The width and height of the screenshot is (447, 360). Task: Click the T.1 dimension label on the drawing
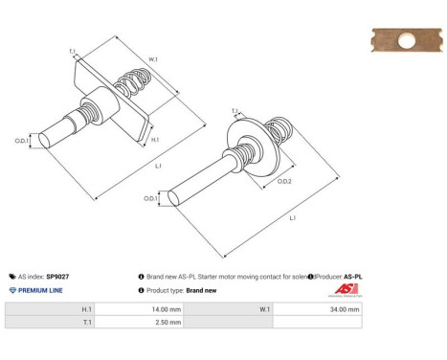pyautogui.click(x=73, y=52)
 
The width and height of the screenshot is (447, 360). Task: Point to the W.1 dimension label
pyautogui.click(x=152, y=60)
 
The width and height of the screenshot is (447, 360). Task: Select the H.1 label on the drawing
pyautogui.click(x=156, y=139)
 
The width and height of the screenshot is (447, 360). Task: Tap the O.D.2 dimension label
pyautogui.click(x=284, y=182)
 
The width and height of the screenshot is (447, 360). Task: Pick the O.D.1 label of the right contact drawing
pyautogui.click(x=151, y=198)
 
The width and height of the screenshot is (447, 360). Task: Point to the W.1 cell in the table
pyautogui.click(x=265, y=309)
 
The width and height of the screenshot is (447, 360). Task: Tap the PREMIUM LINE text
pyautogui.click(x=42, y=290)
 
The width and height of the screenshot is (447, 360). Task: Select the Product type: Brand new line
pyautogui.click(x=182, y=290)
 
